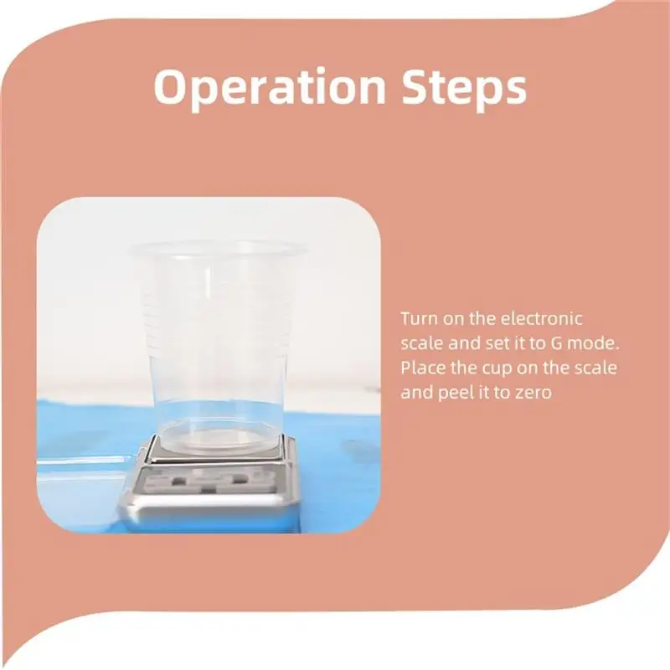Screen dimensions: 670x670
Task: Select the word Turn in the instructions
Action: [x=416, y=319]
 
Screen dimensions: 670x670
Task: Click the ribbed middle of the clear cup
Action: [x=215, y=335]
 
